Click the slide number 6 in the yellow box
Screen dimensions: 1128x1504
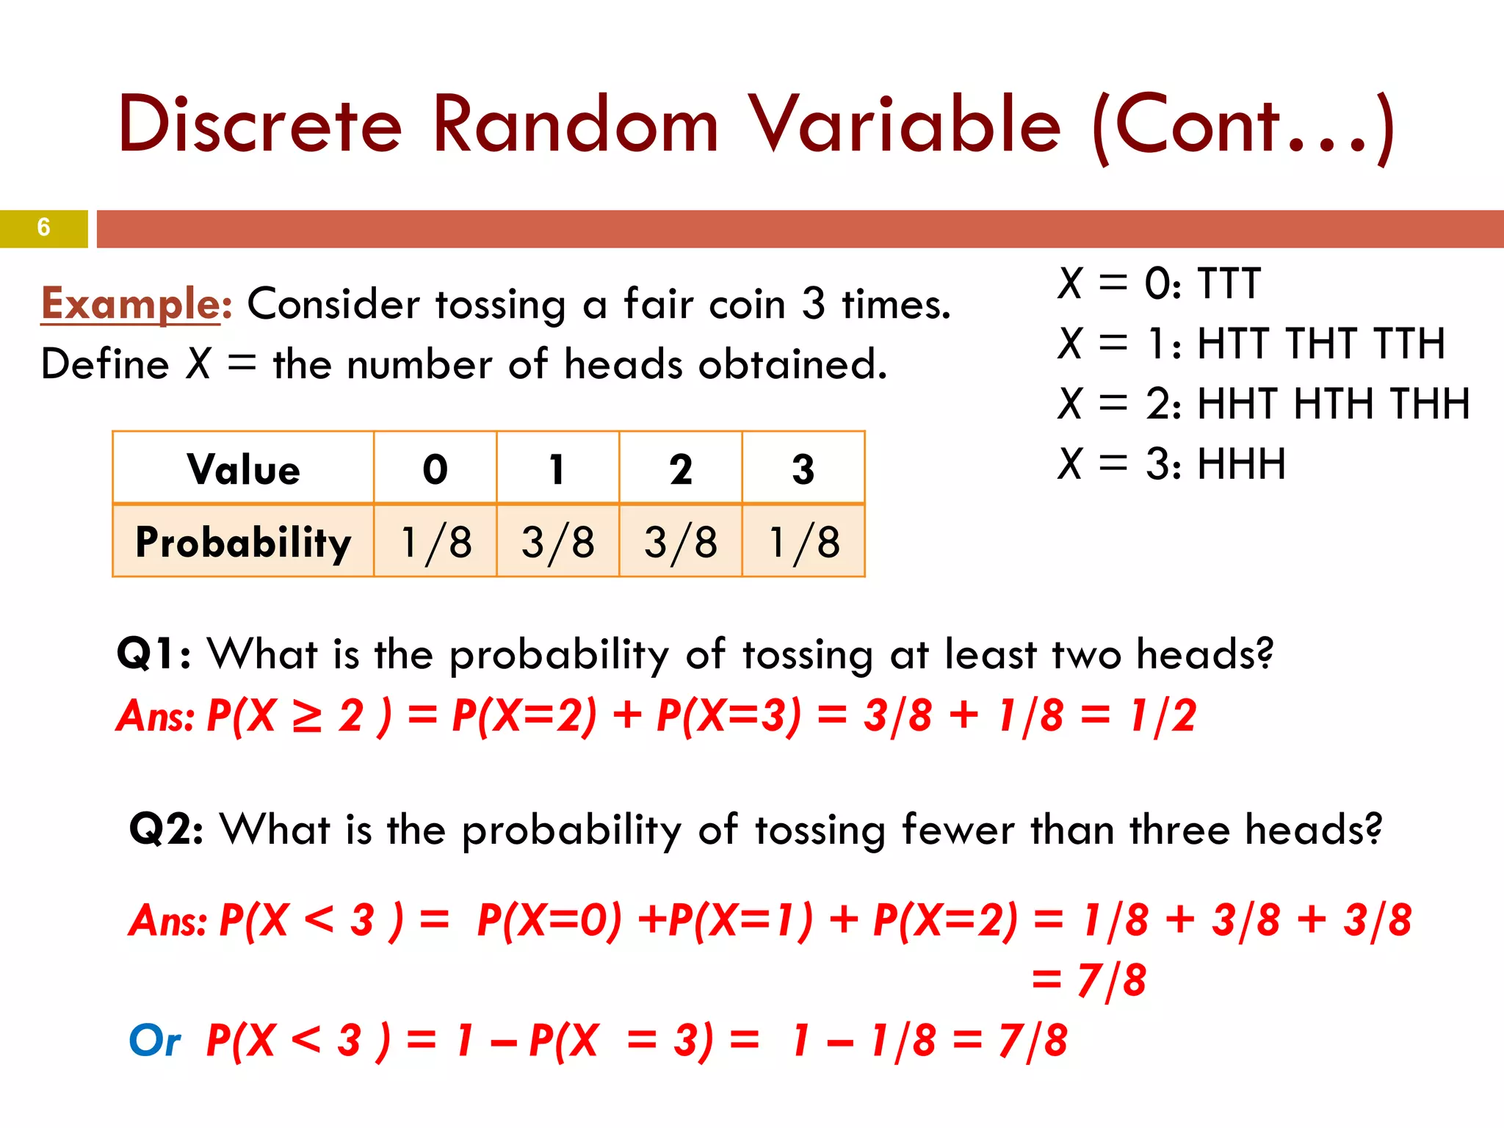pos(43,228)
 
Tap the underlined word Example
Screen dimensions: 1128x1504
pos(131,303)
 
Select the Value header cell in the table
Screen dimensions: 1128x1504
pos(243,469)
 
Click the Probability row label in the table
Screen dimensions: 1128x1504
pos(243,542)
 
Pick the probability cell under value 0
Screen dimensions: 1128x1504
pos(435,542)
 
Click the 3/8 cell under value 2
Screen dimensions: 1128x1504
pos(680,542)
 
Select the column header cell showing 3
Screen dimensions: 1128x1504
pos(803,469)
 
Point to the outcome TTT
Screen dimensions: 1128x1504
pos(1229,283)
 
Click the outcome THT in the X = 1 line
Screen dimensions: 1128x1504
pos(1321,344)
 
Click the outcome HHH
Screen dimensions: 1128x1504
pos(1241,464)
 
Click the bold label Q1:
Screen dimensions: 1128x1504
pos(153,653)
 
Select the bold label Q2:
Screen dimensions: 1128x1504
pos(166,829)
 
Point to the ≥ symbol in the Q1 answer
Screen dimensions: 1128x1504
pos(306,716)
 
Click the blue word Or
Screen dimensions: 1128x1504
pos(154,1040)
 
